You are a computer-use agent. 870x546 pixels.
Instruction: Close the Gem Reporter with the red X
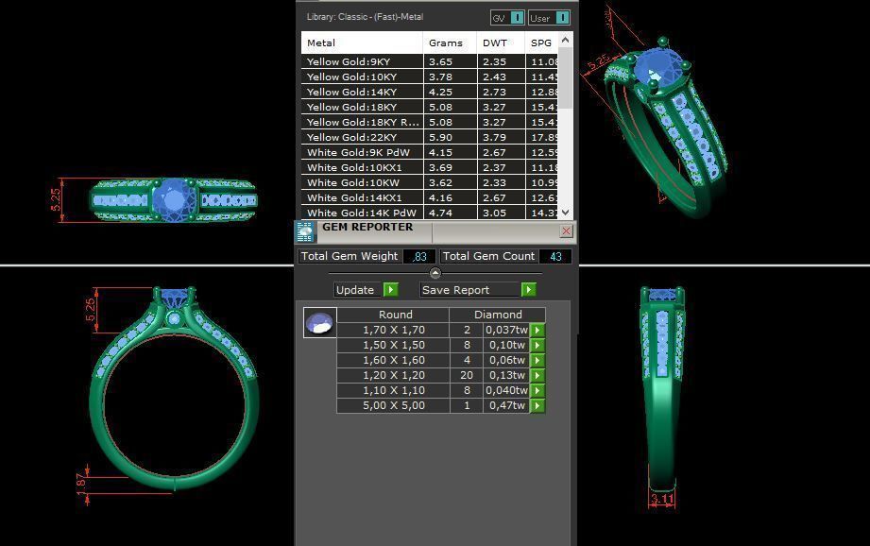[x=566, y=230]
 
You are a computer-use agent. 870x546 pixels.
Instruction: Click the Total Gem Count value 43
[x=554, y=256]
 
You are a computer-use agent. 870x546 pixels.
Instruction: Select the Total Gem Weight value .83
[x=419, y=256]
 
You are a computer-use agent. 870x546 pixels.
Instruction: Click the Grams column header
[x=446, y=43]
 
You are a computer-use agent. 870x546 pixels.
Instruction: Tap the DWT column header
[x=495, y=43]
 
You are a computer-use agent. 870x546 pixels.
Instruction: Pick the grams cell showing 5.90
[x=440, y=137]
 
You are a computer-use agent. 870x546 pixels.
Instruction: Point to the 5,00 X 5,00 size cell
[x=393, y=405]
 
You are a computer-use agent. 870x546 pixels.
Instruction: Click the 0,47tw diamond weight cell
[x=505, y=405]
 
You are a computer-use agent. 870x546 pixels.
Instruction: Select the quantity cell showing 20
[x=466, y=375]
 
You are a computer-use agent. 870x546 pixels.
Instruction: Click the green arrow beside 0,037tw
[x=537, y=330]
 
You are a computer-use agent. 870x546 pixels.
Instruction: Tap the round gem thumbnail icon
[x=319, y=323]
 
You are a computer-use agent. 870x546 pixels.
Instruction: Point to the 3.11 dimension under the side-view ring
[x=662, y=500]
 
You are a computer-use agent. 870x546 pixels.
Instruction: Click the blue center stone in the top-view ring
[x=172, y=198]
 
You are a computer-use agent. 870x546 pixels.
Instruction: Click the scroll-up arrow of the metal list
[x=566, y=40]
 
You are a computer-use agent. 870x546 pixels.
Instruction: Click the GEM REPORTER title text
[x=367, y=227]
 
